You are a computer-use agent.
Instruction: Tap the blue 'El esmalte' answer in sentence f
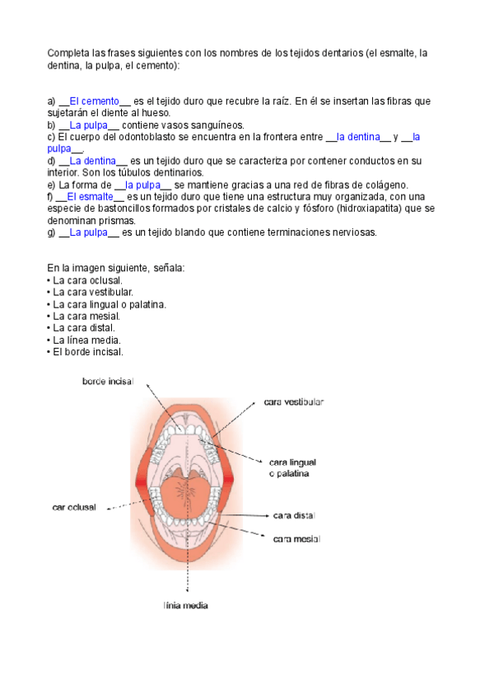(x=90, y=196)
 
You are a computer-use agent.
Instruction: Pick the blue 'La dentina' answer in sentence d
(x=92, y=160)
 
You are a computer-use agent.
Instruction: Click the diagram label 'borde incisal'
(x=108, y=381)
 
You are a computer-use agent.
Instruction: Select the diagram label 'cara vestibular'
(x=293, y=402)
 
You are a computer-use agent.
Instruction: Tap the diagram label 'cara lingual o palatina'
(x=292, y=467)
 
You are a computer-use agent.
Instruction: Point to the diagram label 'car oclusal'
(x=74, y=507)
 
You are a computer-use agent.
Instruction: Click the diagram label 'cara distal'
(x=294, y=515)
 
